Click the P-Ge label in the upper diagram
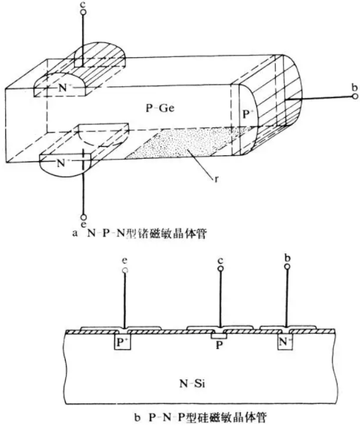[x=160, y=108]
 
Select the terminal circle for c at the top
[x=83, y=12]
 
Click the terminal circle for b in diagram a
[x=355, y=96]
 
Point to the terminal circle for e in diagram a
[x=83, y=217]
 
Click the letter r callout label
[x=217, y=179]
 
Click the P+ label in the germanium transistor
[x=247, y=115]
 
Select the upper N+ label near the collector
[x=64, y=88]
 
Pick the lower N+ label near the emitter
[x=62, y=163]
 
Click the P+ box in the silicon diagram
[x=122, y=342]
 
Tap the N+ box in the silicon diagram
[x=285, y=342]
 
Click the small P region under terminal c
[x=219, y=337]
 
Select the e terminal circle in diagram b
[x=125, y=271]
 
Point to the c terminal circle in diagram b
[x=220, y=269]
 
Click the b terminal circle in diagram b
[x=288, y=266]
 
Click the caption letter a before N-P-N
[x=75, y=233]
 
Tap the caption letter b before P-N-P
[x=138, y=417]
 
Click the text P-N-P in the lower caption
[x=166, y=417]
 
